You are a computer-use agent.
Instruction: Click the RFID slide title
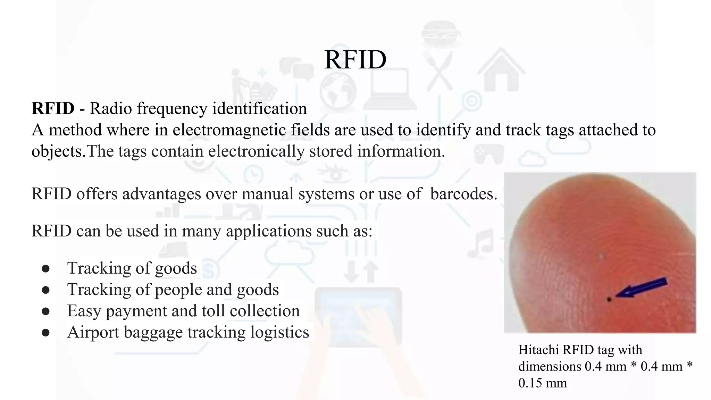coord(355,60)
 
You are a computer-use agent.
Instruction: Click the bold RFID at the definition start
coord(53,108)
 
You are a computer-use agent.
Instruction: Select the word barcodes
coord(463,194)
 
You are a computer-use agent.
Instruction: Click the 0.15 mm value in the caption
coord(542,383)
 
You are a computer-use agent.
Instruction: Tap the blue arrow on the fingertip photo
coord(642,288)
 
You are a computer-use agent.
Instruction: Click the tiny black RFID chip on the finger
coord(609,299)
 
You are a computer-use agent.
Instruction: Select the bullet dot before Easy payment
coord(45,311)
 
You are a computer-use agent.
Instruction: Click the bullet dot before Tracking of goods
coord(45,268)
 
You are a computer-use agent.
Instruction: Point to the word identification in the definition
coord(259,108)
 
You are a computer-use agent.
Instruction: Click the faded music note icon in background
coord(481,243)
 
